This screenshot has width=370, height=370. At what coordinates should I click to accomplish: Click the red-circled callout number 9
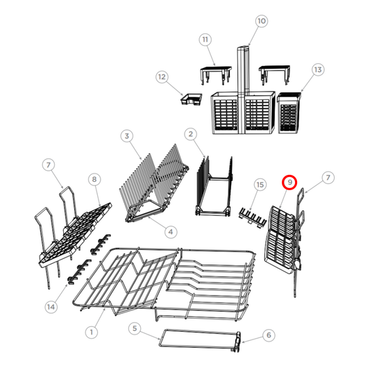click(x=290, y=183)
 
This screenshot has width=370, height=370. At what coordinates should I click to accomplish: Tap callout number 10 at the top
click(x=261, y=22)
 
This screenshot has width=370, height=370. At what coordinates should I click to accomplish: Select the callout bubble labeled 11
click(x=205, y=40)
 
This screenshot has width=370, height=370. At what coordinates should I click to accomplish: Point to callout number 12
click(x=162, y=76)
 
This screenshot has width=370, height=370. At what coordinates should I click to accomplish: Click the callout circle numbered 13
click(x=318, y=69)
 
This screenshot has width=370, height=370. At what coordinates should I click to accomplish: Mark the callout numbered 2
click(x=189, y=133)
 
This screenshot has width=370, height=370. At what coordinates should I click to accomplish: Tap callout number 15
click(x=260, y=185)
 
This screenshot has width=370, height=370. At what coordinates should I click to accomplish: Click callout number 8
click(x=94, y=179)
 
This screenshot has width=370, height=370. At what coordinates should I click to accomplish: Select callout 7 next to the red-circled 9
click(x=328, y=179)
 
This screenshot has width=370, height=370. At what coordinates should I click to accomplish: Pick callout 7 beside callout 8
click(x=48, y=165)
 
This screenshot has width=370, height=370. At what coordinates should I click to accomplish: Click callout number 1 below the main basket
click(x=91, y=332)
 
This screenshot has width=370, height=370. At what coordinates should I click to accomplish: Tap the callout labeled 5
click(x=135, y=327)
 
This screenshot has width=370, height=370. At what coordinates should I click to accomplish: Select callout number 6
click(x=268, y=335)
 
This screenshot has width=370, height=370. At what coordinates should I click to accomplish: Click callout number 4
click(x=171, y=230)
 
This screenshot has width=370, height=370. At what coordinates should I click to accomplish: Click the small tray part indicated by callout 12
click(x=191, y=99)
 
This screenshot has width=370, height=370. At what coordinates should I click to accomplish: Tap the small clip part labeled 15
click(x=251, y=217)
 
